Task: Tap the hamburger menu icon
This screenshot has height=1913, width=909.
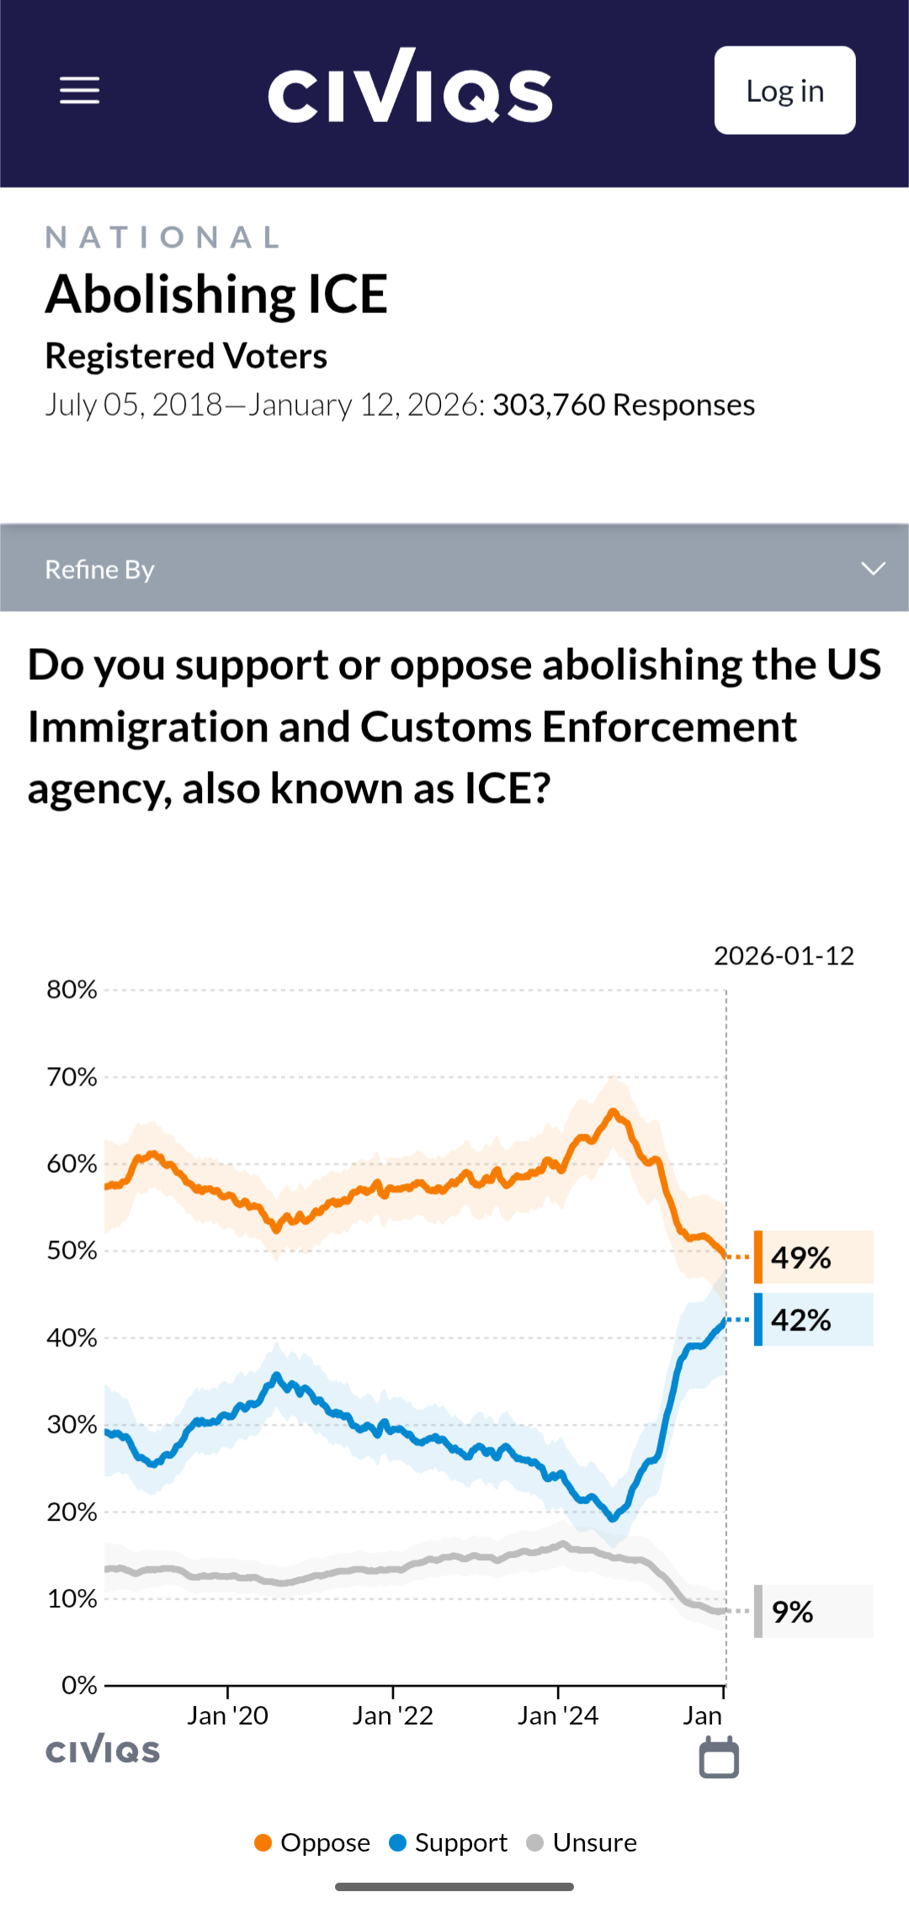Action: point(80,91)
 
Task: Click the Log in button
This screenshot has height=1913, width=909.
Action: point(784,91)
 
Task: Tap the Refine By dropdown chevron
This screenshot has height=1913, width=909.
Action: point(873,569)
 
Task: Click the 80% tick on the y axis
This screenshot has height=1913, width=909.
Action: point(72,990)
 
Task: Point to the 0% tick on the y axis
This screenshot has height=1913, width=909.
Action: point(79,1685)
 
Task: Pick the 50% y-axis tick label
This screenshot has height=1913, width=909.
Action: point(72,1251)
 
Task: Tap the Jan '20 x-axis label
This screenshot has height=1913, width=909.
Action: point(227,1715)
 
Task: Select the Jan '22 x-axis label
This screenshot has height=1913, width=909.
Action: point(392,1715)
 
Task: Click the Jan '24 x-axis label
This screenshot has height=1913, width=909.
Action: point(558,1715)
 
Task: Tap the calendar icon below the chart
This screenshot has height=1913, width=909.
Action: point(719,1757)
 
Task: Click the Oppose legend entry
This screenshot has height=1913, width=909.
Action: point(312,1842)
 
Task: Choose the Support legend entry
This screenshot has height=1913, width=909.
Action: point(449,1842)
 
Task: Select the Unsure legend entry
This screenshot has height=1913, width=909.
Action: point(582,1842)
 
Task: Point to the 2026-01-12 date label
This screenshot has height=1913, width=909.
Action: point(784,956)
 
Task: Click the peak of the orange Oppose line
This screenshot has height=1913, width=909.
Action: point(614,1112)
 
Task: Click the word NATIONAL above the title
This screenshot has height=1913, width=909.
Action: point(162,237)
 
